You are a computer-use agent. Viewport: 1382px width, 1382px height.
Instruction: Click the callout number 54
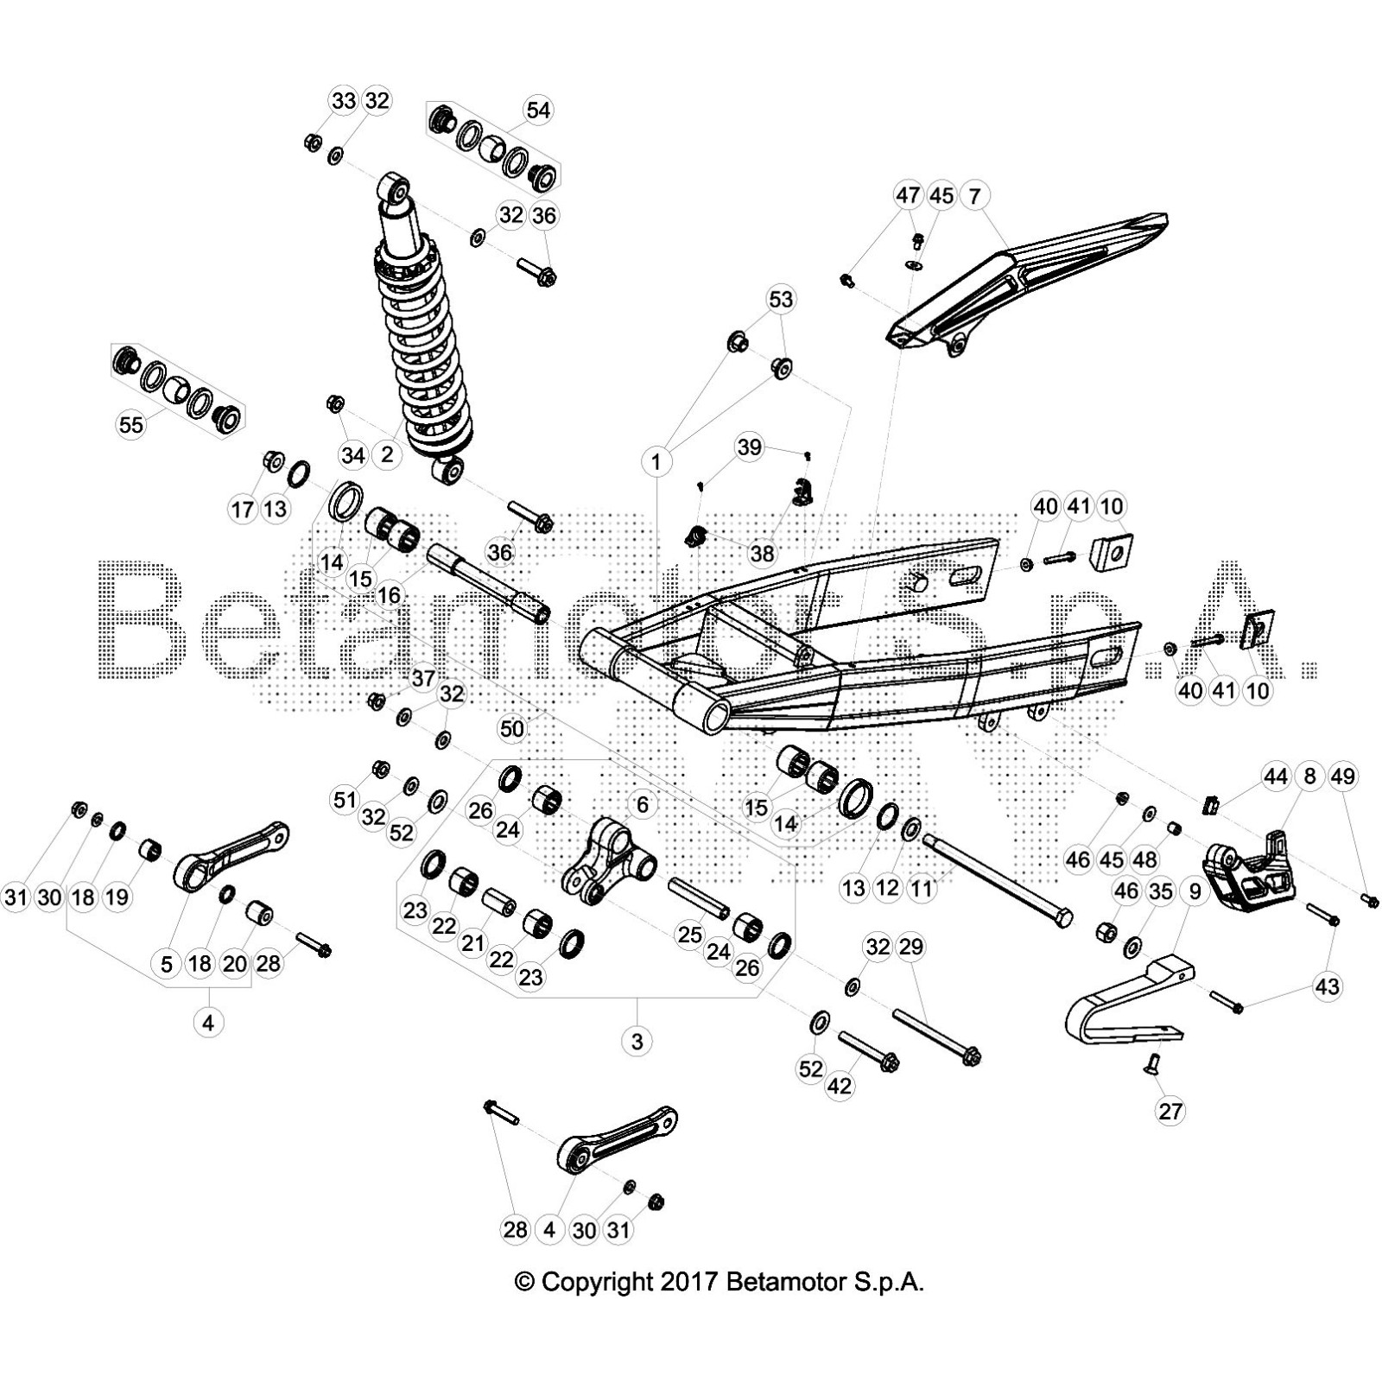[537, 111]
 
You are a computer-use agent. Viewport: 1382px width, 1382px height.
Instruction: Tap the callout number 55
[131, 424]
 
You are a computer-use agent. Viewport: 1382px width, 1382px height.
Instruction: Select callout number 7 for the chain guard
[975, 196]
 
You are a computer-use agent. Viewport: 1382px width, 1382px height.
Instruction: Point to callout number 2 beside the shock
[387, 454]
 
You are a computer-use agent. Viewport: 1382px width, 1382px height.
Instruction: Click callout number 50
[511, 729]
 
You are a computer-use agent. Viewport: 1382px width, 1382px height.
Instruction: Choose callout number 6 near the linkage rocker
[642, 805]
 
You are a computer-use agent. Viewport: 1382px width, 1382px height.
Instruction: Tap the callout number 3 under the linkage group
[637, 1041]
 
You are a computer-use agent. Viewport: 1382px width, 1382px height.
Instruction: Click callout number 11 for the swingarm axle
[922, 888]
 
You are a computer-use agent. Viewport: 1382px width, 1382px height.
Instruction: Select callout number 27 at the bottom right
[1170, 1111]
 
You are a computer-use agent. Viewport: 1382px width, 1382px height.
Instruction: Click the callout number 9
[1195, 891]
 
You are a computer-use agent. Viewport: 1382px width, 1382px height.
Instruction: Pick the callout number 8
[1309, 777]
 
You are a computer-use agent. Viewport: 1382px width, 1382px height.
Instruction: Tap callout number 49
[1343, 777]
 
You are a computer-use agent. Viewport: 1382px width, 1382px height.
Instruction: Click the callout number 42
[840, 1086]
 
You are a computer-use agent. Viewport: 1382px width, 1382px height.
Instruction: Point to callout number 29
[911, 947]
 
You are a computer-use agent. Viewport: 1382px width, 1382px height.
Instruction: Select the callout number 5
[166, 964]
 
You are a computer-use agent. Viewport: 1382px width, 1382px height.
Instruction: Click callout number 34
[352, 454]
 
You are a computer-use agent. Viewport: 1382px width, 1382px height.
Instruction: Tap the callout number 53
[781, 300]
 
